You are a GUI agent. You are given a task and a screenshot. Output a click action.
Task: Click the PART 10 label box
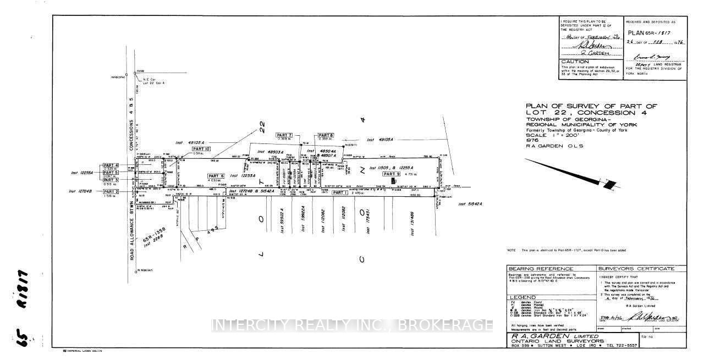point(201,149)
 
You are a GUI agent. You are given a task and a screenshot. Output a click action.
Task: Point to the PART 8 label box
point(326,135)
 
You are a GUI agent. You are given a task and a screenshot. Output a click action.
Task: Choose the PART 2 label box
point(111,191)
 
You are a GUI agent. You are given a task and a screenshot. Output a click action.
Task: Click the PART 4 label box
point(111,165)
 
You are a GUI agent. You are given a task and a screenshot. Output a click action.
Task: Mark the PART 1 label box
point(339,192)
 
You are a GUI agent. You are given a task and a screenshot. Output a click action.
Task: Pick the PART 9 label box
point(392,173)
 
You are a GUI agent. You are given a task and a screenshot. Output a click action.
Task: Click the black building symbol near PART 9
point(393,181)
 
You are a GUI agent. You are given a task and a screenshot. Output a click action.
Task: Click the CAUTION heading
point(570,62)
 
